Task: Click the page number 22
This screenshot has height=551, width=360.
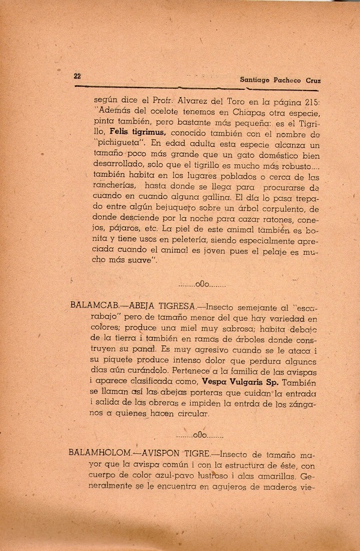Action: click(77, 76)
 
